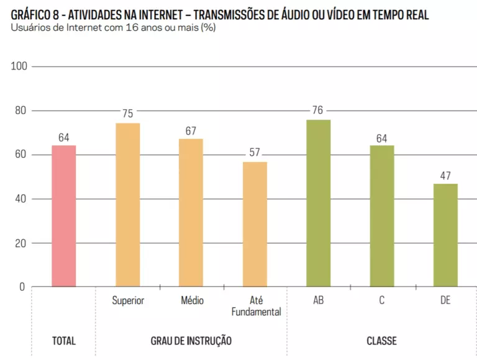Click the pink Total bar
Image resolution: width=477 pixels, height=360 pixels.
pyautogui.click(x=64, y=216)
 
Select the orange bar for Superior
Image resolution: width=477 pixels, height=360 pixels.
pyautogui.click(x=128, y=205)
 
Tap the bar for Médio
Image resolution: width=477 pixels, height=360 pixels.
pyautogui.click(x=191, y=213)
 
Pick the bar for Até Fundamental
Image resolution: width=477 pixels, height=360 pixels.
pyautogui.click(x=255, y=225)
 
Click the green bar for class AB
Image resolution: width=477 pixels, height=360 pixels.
pyautogui.click(x=319, y=203)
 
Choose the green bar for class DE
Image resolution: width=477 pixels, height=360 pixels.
pyautogui.click(x=446, y=235)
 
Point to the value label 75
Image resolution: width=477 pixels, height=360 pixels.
pyautogui.click(x=128, y=114)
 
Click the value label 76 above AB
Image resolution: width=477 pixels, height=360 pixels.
pyautogui.click(x=317, y=110)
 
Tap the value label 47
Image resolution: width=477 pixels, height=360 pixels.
pyautogui.click(x=445, y=176)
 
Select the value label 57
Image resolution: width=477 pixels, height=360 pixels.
pyautogui.click(x=255, y=152)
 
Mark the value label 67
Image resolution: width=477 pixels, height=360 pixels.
pyautogui.click(x=191, y=131)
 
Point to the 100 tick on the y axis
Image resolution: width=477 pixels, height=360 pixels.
pyautogui.click(x=19, y=66)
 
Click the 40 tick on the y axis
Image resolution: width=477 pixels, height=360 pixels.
pyautogui.click(x=20, y=199)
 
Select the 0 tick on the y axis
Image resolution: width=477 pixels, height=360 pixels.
pyautogui.click(x=22, y=287)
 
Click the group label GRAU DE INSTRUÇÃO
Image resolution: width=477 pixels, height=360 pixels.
pyautogui.click(x=191, y=341)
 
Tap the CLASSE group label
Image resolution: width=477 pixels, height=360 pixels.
pyautogui.click(x=381, y=341)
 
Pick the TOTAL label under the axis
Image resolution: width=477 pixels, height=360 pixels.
pyautogui.click(x=64, y=341)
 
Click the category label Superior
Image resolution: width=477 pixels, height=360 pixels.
pyautogui.click(x=128, y=300)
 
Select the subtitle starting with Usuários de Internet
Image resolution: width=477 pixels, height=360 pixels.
pyautogui.click(x=113, y=27)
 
